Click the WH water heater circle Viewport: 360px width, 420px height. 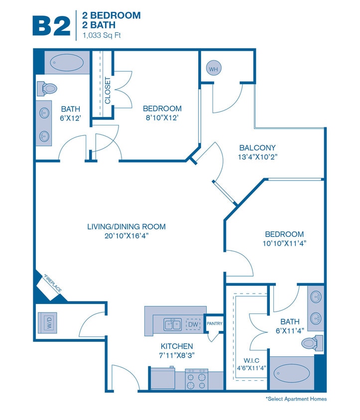click(x=213, y=69)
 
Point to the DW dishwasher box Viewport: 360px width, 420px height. click(x=193, y=325)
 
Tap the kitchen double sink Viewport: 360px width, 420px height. click(x=173, y=325)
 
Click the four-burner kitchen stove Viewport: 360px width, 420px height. click(x=196, y=380)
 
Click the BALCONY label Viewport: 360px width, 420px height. click(x=257, y=148)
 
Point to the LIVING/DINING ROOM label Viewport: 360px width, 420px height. click(x=126, y=227)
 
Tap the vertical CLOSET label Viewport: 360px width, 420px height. click(x=107, y=91)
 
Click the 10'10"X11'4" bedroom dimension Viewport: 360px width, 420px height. click(x=284, y=244)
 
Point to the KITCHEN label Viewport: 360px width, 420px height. click(x=177, y=346)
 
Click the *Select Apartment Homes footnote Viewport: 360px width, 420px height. click(x=296, y=399)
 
